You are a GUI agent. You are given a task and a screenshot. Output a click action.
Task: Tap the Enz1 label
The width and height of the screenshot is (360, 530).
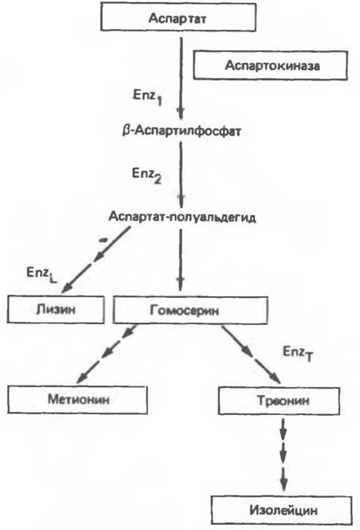coord(148,97)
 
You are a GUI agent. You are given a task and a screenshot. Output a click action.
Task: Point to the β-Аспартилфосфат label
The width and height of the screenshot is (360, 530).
coord(182,131)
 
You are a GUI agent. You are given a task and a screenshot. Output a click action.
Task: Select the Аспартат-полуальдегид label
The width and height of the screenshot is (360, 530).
coord(182,217)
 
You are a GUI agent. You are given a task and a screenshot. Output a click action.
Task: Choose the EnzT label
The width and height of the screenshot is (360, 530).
coord(298,354)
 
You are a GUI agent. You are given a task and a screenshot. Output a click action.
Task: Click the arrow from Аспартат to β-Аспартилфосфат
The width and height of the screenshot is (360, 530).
coord(181,78)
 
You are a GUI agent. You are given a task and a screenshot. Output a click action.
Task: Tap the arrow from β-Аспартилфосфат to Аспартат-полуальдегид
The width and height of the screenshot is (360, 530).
coord(181,174)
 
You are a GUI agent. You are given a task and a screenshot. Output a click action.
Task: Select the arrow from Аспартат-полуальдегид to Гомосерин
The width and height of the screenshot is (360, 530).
coord(180,260)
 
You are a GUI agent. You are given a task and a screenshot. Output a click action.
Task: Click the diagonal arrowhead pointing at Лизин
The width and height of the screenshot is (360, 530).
coord(67,288)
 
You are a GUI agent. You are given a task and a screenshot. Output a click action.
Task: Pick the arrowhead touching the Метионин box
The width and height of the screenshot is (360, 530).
coord(83,377)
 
